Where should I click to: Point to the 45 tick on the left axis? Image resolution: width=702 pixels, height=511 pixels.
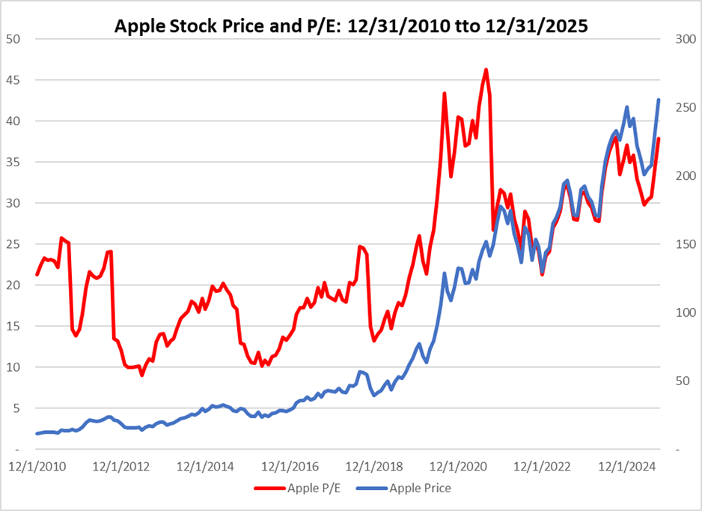pos(13,80)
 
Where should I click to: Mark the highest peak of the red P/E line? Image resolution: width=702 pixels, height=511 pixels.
pos(486,70)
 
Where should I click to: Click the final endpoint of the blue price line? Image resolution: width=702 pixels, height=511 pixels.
pos(659,100)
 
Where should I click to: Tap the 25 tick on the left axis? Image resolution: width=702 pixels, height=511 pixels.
pos(13,244)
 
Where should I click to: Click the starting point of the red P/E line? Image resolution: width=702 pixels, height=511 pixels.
pos(37,275)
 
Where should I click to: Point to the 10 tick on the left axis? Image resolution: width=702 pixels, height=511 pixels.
pos(13,367)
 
